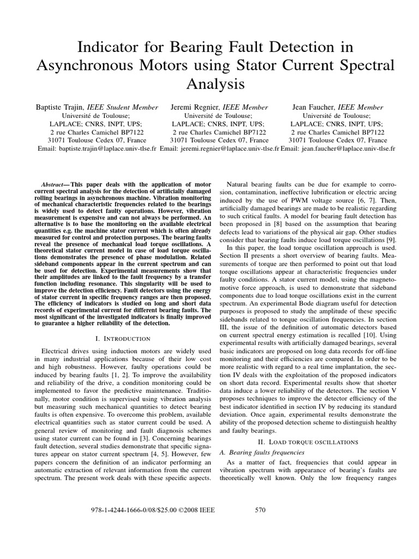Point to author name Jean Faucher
(314, 107)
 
